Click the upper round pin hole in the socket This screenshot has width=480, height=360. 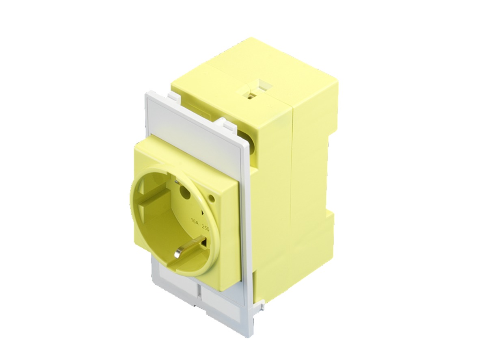186,192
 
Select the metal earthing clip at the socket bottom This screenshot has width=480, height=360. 178,254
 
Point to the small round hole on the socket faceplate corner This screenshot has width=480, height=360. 212,199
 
